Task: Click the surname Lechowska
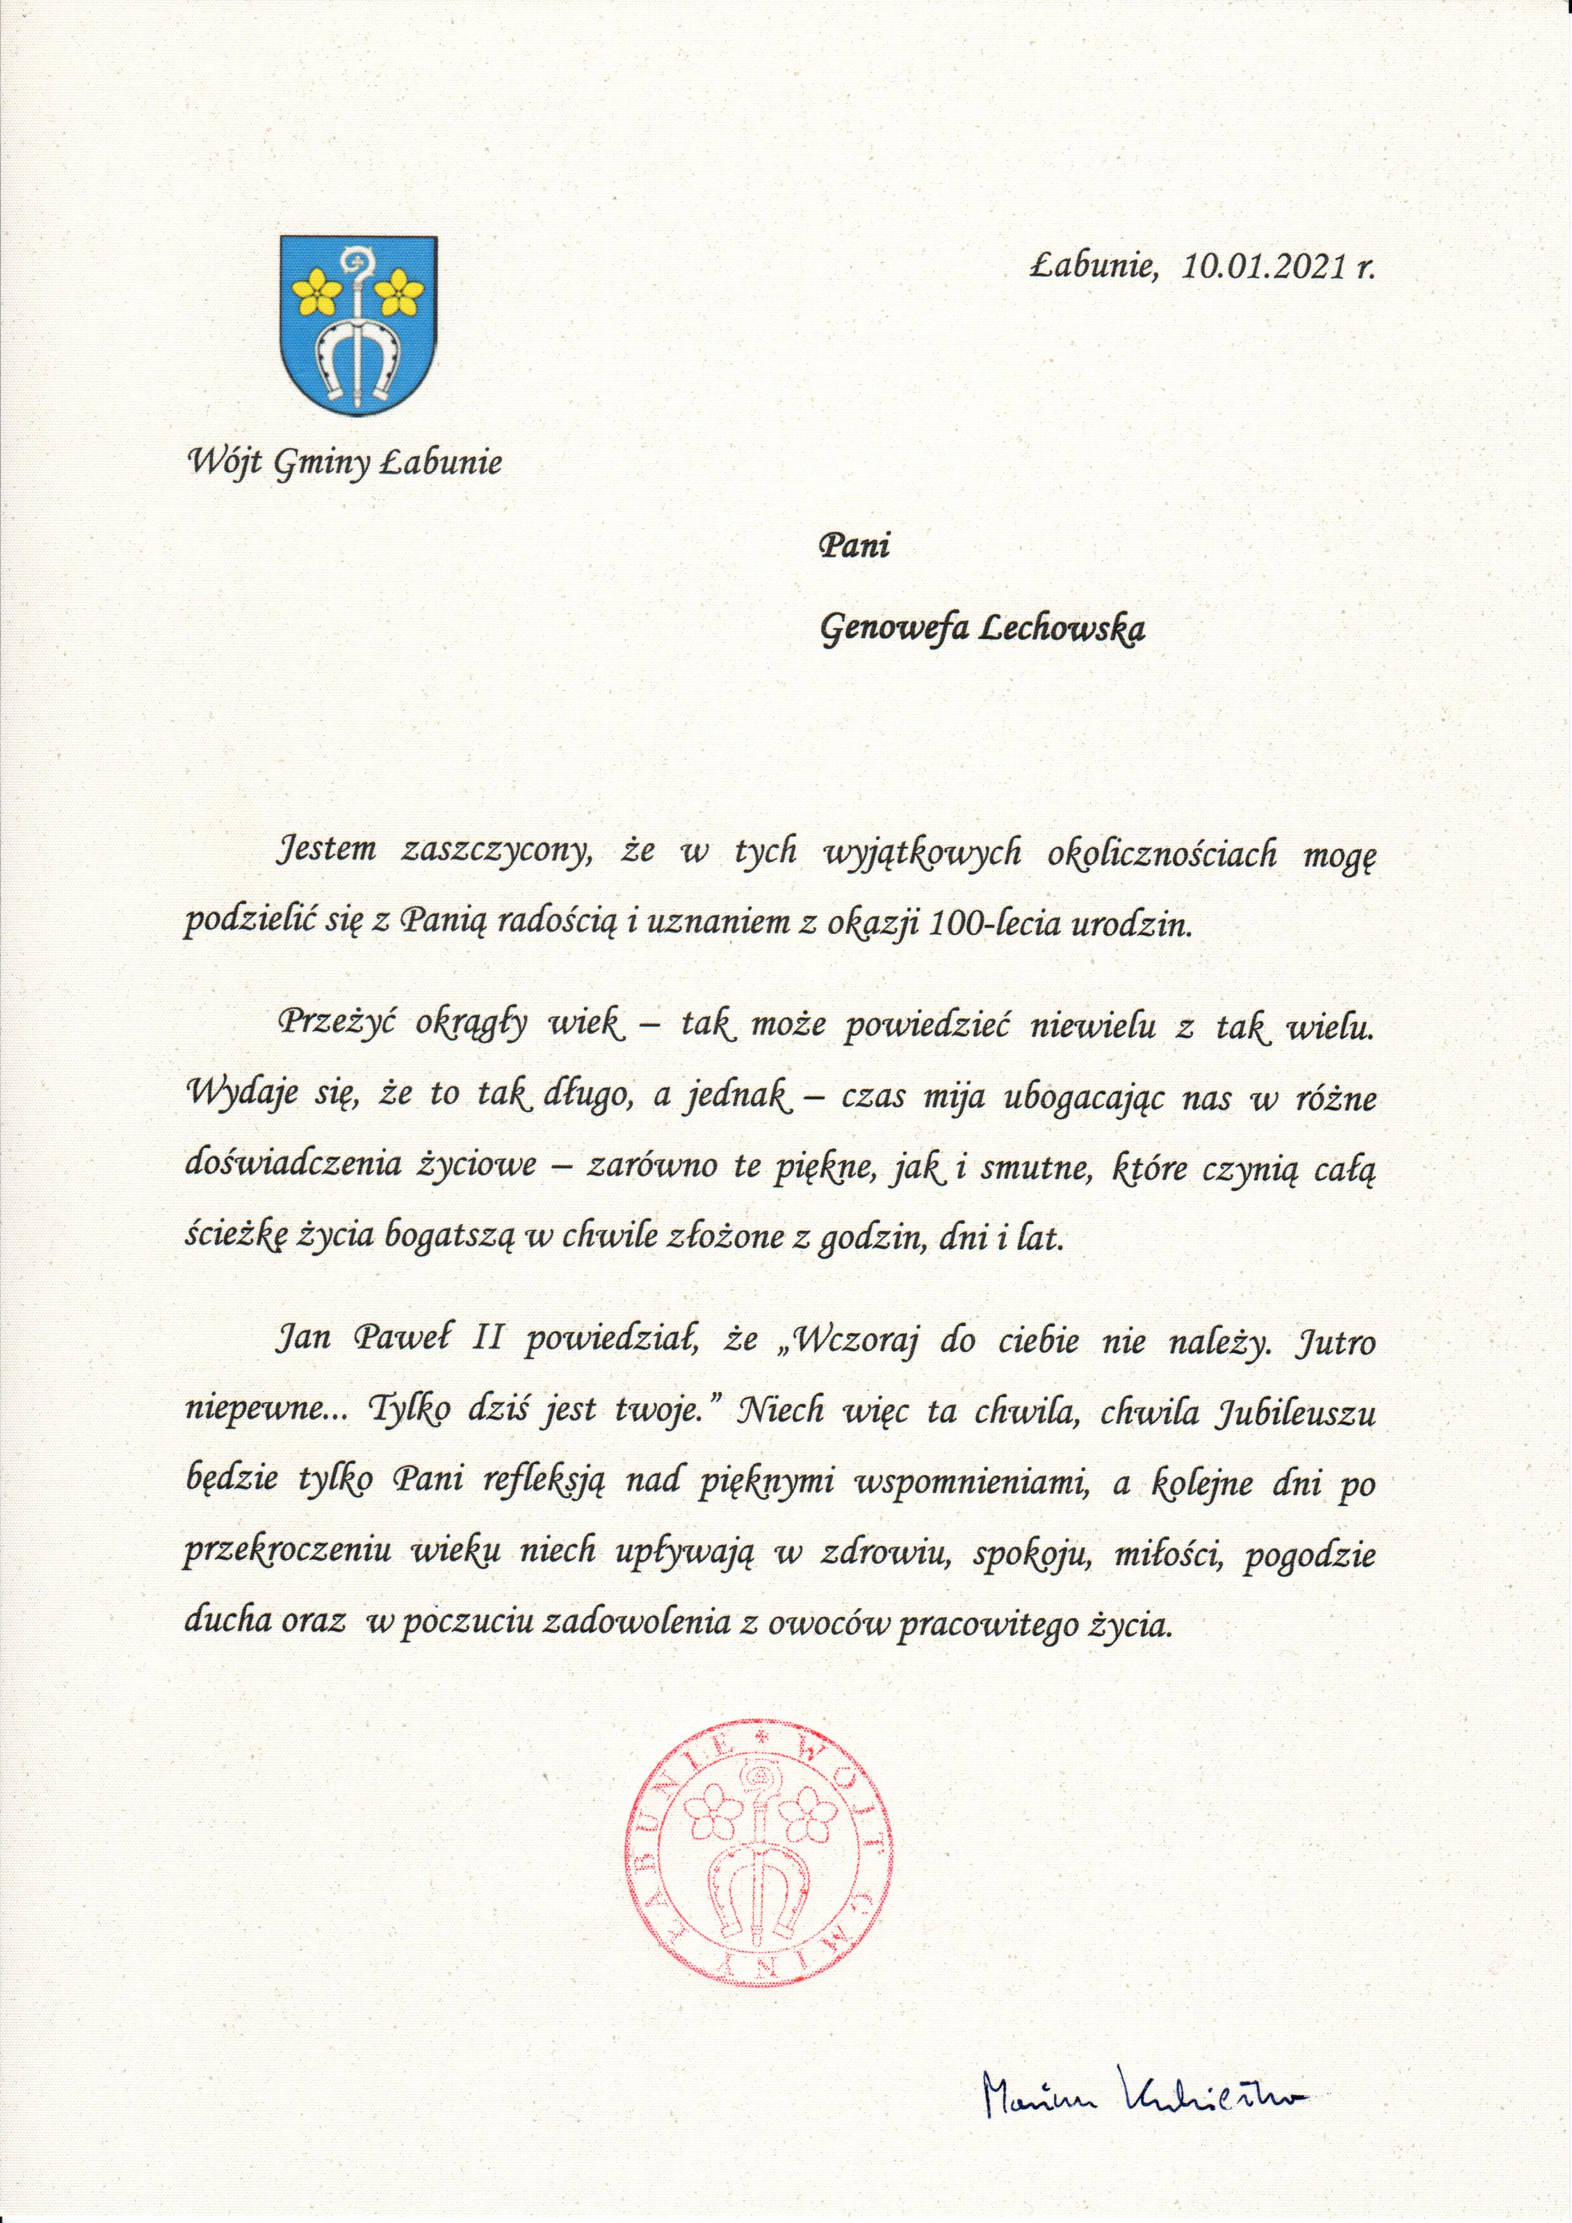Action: (x=1064, y=630)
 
